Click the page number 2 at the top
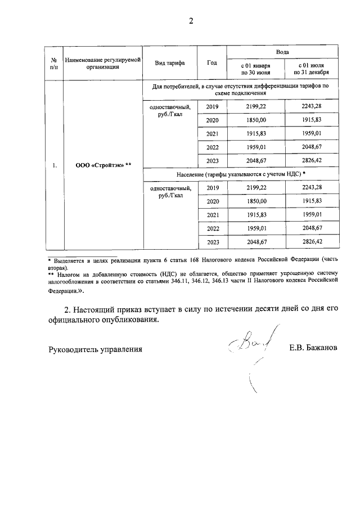191,21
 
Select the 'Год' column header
212,62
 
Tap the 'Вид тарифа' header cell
170,62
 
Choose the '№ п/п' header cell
54,62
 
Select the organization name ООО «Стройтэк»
103,165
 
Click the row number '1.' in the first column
54,165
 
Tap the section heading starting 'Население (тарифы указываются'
240,175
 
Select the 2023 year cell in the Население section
212,241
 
